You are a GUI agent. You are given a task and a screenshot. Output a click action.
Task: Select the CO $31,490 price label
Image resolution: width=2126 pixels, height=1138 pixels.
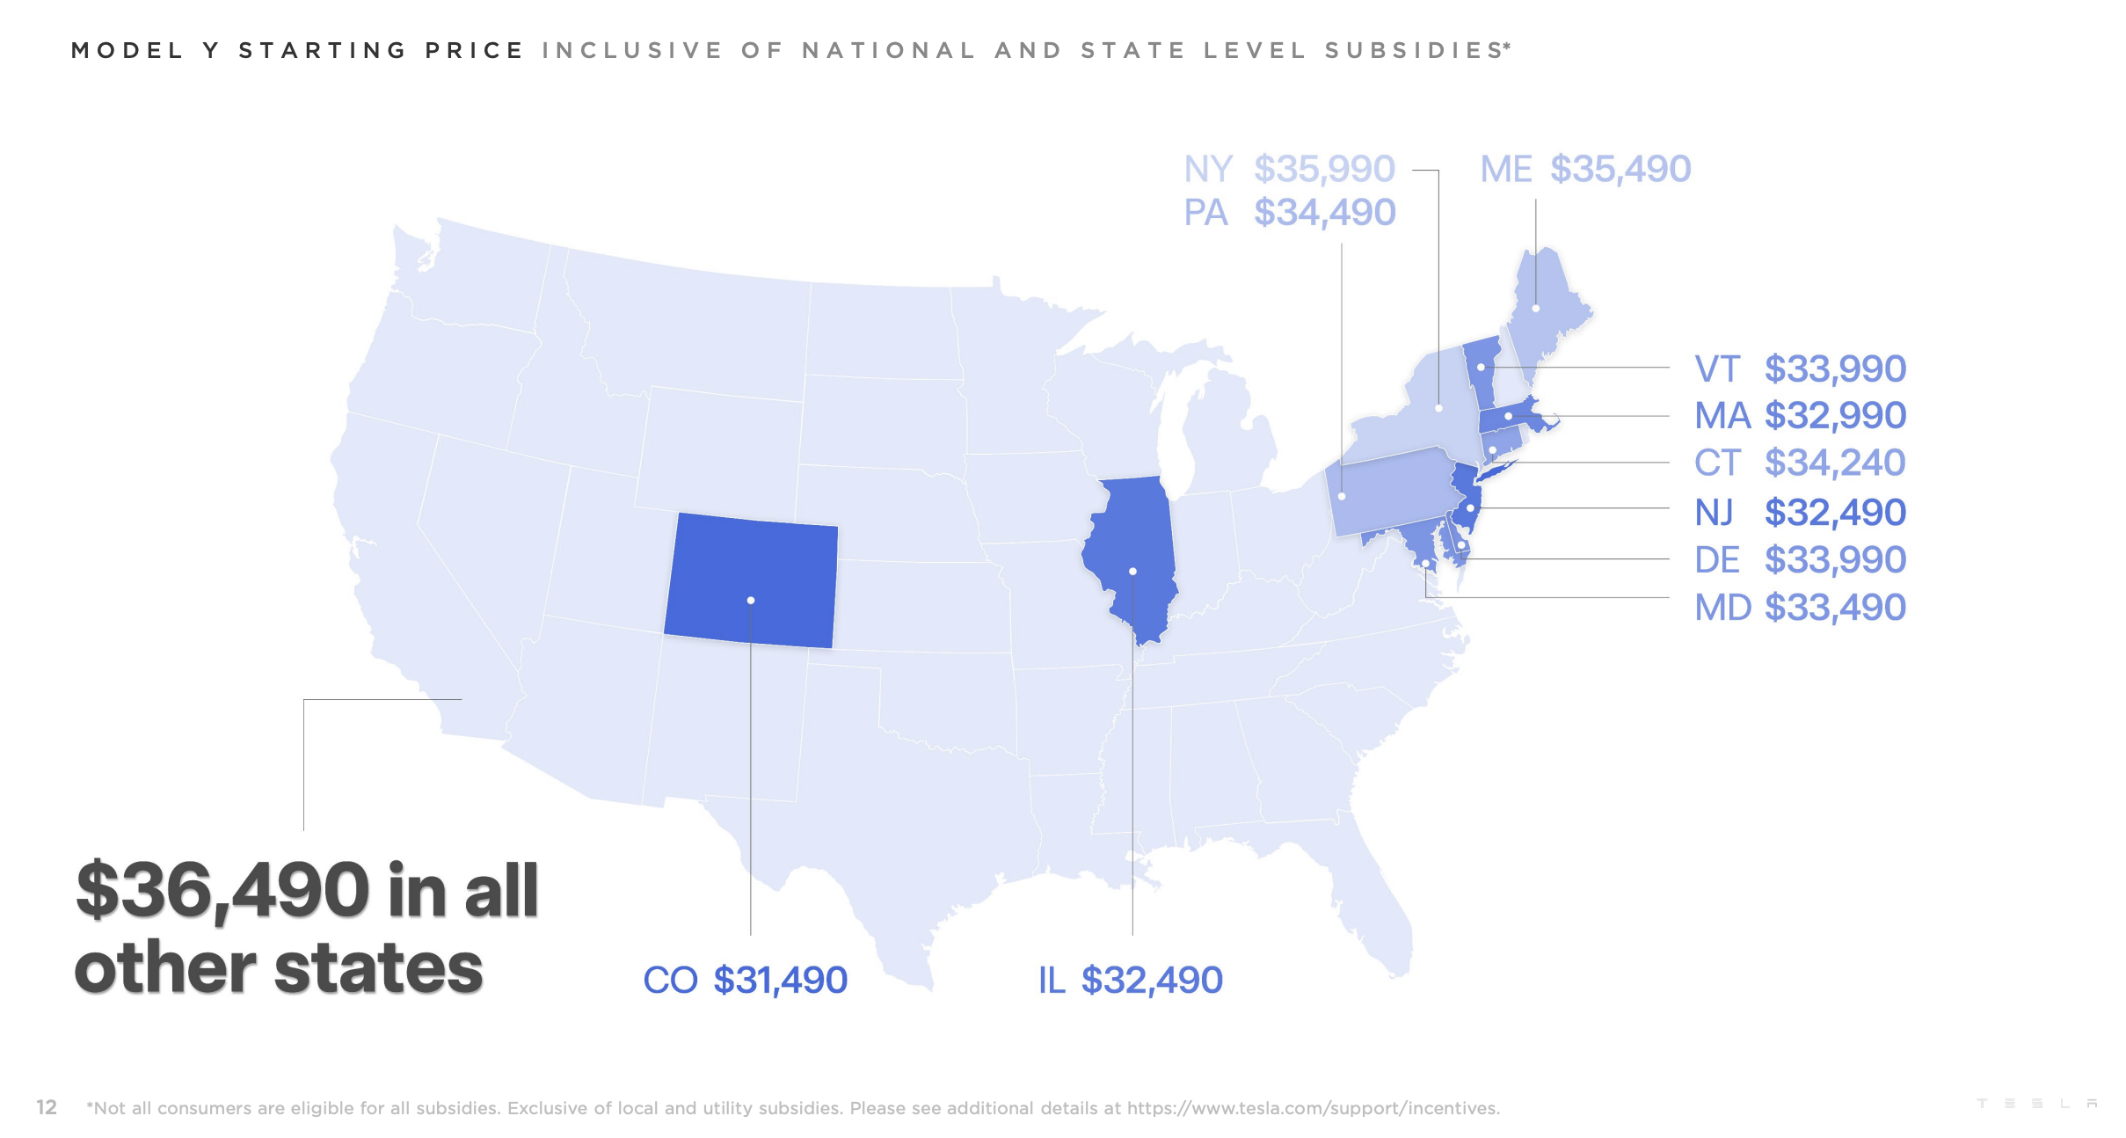[x=745, y=980]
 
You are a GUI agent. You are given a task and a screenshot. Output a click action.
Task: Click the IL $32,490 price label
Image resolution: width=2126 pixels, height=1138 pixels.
[x=1130, y=980]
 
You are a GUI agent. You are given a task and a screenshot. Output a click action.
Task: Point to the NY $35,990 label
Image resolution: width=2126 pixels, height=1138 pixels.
[x=1289, y=169]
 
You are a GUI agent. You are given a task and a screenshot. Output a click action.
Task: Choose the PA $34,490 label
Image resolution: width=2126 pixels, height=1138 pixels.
[x=1289, y=213]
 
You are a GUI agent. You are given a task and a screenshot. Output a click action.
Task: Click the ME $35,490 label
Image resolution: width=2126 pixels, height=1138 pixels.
[x=1584, y=169]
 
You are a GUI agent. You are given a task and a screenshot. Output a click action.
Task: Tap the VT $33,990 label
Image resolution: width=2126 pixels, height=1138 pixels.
[x=1800, y=368]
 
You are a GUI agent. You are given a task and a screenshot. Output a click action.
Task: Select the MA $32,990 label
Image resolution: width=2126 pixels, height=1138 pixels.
[x=1800, y=415]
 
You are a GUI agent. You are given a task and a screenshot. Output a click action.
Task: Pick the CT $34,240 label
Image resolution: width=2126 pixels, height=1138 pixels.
[x=1800, y=463]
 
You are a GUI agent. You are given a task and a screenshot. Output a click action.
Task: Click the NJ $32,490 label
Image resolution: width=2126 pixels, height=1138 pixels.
[x=1800, y=512]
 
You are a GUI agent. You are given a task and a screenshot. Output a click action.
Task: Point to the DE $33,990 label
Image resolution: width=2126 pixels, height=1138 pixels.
[x=1800, y=559]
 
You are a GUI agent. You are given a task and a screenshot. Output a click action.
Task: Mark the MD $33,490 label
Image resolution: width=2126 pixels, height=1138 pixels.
[x=1800, y=607]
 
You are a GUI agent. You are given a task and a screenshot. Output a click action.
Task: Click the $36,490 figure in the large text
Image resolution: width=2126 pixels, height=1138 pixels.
[x=222, y=891]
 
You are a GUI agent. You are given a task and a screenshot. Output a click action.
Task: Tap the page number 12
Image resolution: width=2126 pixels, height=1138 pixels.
[x=47, y=1107]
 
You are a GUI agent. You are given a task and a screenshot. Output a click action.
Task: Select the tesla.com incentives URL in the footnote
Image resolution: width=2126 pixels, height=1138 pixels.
[x=1313, y=1108]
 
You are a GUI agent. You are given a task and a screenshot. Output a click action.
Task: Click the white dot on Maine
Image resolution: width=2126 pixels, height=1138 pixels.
[x=1535, y=309]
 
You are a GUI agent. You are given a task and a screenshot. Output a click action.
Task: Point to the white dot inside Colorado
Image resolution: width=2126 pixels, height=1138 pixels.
[x=751, y=601]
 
